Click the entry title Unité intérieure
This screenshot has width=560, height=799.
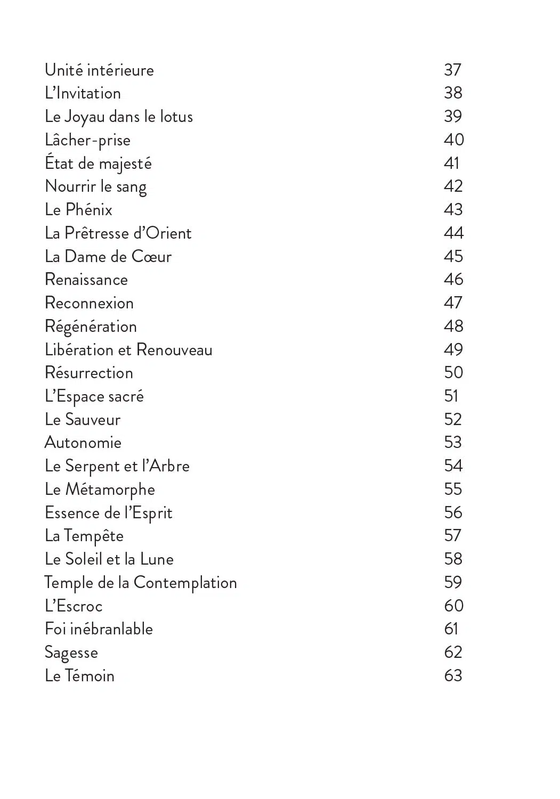[99, 70]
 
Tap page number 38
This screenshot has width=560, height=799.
[453, 93]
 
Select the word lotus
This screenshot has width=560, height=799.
[176, 117]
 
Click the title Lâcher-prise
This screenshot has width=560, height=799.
[87, 140]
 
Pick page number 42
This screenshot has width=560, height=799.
[453, 186]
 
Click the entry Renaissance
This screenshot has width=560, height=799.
[86, 280]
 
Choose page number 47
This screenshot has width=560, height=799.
[453, 303]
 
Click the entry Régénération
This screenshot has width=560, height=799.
[91, 327]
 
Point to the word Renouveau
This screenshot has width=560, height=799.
[174, 350]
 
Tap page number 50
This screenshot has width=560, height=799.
[453, 373]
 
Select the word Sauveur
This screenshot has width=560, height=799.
[93, 420]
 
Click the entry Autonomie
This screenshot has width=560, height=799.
[83, 443]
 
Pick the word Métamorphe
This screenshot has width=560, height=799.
[110, 490]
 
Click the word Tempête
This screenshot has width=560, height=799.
[93, 536]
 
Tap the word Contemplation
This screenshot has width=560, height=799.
[185, 583]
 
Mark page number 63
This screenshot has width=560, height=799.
[453, 676]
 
